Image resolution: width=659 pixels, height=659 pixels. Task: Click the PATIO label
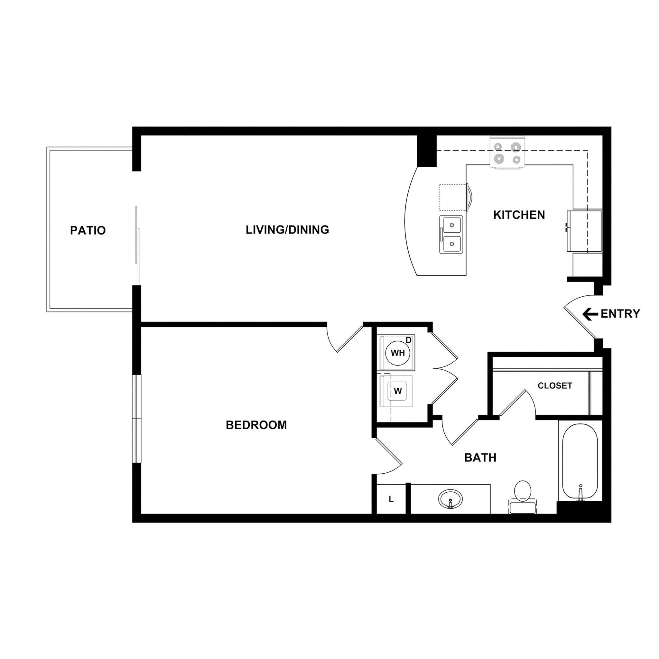coord(88,231)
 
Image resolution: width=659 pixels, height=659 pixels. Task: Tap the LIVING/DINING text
coord(287,230)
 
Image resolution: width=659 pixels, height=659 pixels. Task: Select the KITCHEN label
coord(519,215)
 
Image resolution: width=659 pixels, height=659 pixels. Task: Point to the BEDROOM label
coord(256,425)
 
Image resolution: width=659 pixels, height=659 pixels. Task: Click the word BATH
coord(480,458)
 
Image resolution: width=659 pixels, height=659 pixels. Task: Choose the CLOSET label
coord(555,386)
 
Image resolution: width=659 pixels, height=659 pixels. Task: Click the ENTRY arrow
coord(590,314)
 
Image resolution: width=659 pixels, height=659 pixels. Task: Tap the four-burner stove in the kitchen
coord(506,153)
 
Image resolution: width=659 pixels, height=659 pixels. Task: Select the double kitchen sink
coord(451,234)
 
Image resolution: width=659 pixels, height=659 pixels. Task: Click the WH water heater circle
coord(397,353)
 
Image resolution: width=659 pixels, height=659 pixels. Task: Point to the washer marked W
coord(397,391)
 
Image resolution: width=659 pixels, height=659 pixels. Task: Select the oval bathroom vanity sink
coord(450,499)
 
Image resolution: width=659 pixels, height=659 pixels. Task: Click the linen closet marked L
coord(391,499)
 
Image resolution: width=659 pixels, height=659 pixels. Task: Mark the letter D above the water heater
coord(409,340)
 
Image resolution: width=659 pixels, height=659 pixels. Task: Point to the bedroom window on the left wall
coord(137,419)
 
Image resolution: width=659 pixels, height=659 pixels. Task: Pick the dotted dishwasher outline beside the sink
coord(452,197)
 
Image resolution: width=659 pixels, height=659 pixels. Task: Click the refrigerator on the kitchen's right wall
coord(584,231)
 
